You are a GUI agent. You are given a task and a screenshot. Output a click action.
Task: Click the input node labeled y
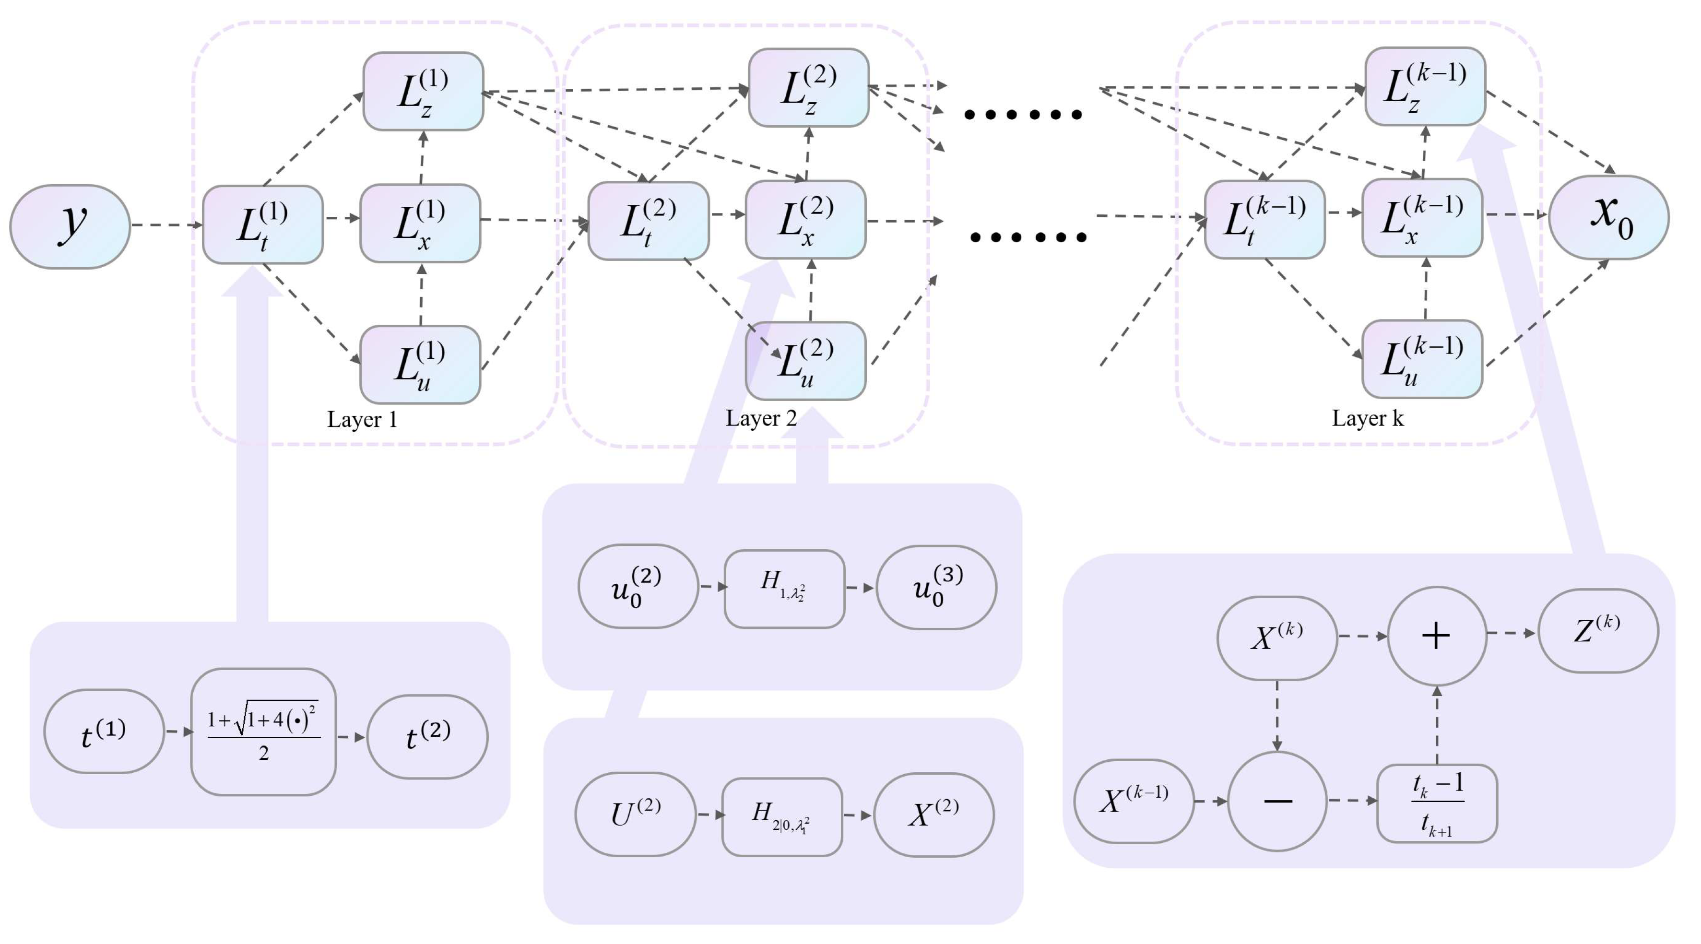(x=70, y=226)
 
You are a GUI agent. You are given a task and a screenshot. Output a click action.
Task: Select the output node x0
(x=1608, y=217)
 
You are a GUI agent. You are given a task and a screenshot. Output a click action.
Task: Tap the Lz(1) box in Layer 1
(x=423, y=92)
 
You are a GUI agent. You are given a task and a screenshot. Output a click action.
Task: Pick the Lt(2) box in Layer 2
(x=649, y=221)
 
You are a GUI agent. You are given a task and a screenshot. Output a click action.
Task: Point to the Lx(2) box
(x=805, y=220)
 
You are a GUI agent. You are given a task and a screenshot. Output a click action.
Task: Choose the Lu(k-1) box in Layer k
(x=1422, y=360)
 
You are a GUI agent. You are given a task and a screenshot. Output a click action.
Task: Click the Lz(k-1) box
(x=1425, y=86)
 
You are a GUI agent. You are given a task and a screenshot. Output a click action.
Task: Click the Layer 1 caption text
(x=362, y=420)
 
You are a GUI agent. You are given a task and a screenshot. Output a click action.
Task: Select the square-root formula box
(x=263, y=732)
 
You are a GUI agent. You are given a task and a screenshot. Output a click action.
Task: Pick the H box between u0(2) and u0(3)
(x=784, y=588)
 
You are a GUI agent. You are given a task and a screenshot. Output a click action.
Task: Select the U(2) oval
(x=635, y=814)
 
